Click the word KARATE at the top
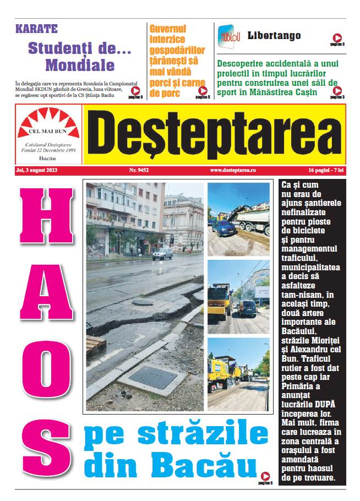pyautogui.click(x=37, y=29)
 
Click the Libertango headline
pyautogui.click(x=274, y=36)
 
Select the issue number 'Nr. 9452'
pyautogui.click(x=139, y=171)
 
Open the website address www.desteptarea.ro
pyautogui.click(x=233, y=171)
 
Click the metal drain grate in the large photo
pyautogui.click(x=152, y=377)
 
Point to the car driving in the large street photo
pyautogui.click(x=162, y=254)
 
